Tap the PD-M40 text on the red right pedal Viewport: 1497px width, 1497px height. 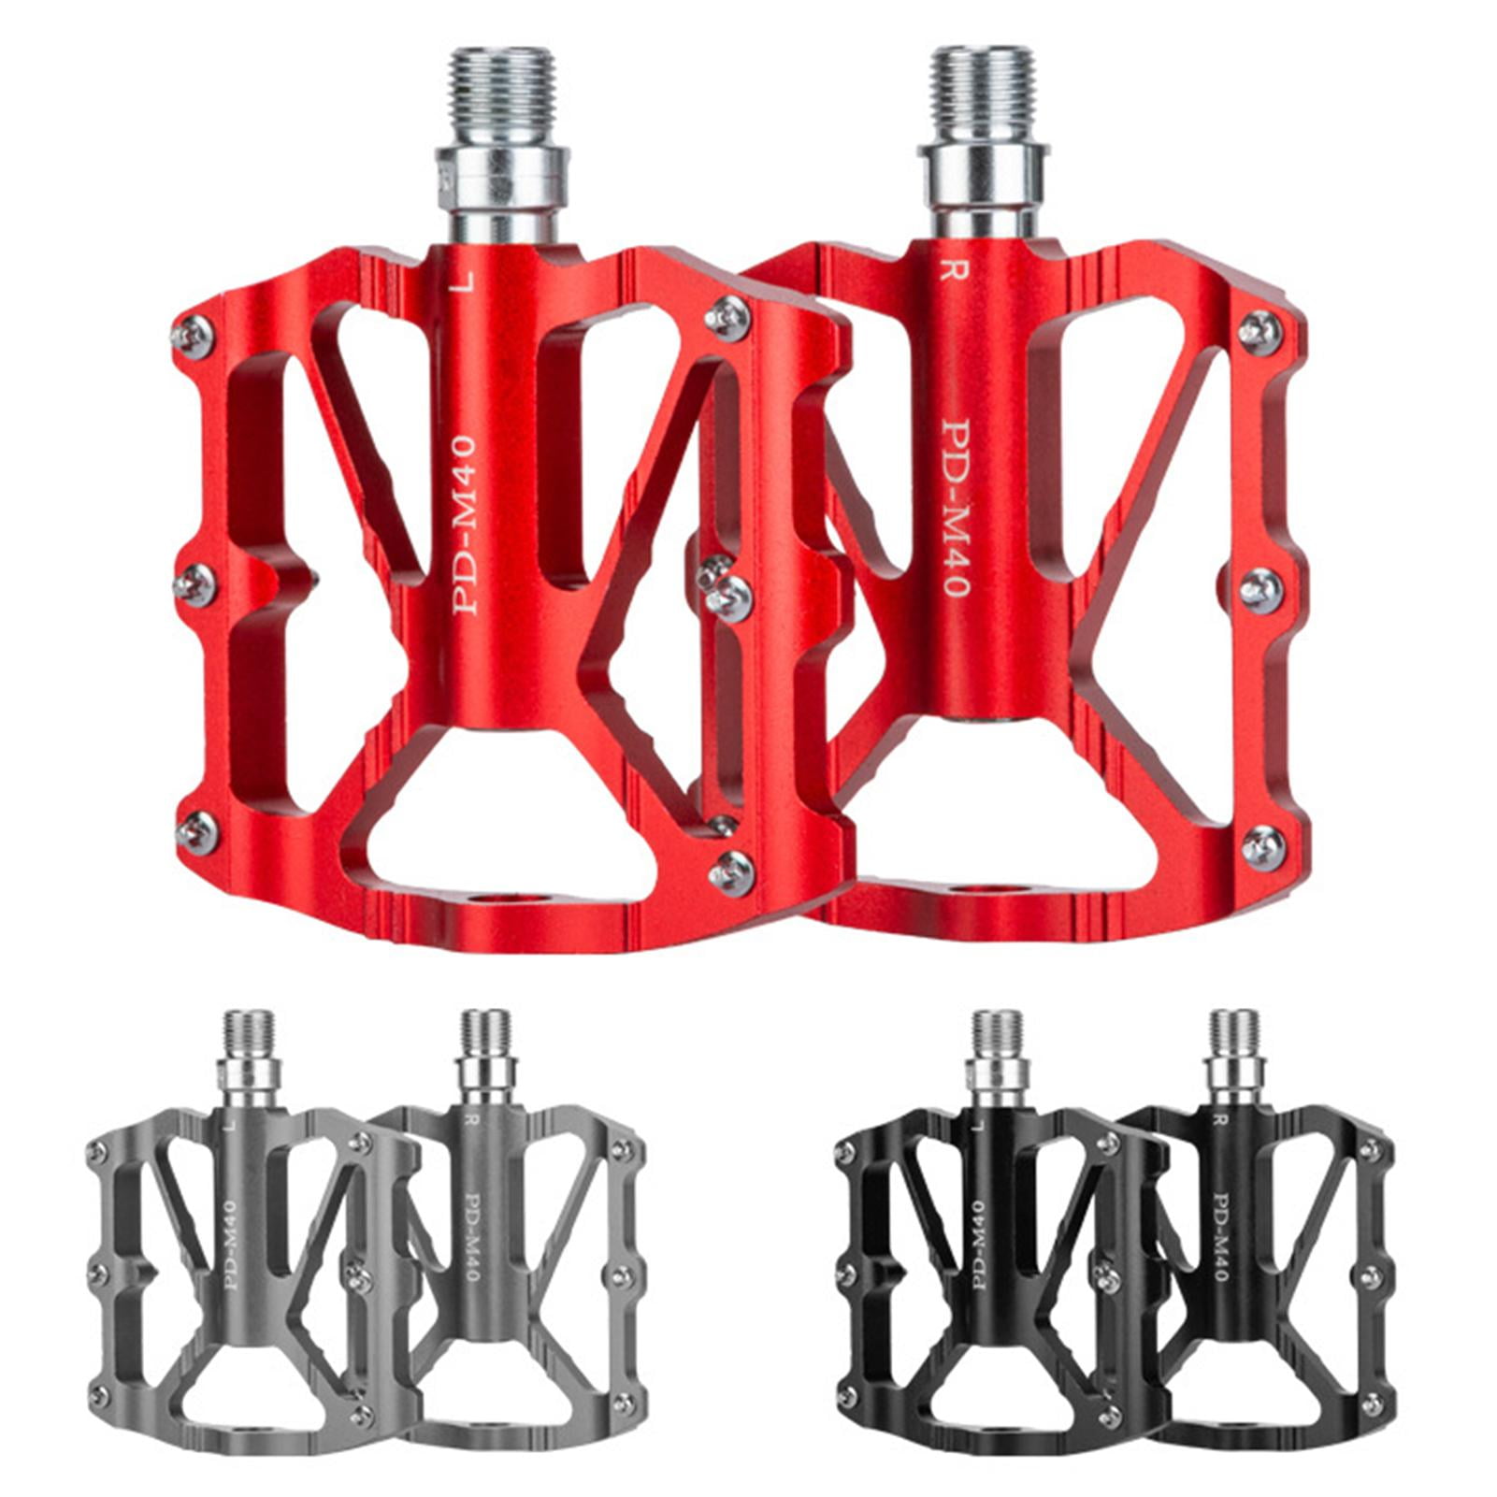click(x=953, y=507)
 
